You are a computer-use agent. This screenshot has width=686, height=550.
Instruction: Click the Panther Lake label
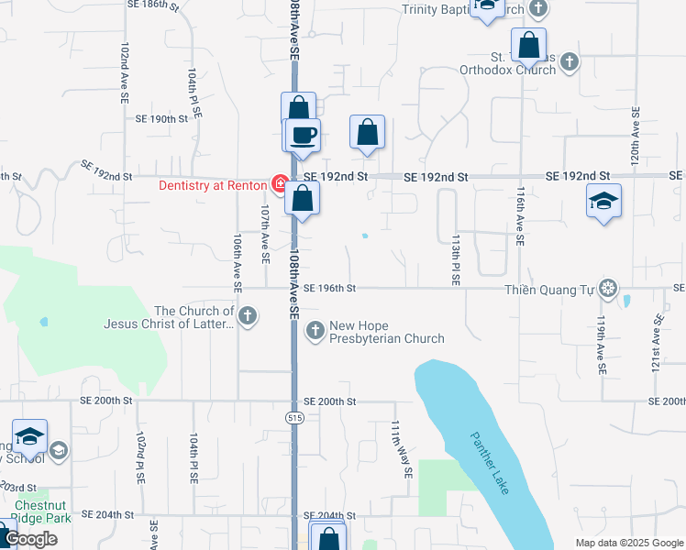[490, 463]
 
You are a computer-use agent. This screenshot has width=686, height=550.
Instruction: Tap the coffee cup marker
[303, 136]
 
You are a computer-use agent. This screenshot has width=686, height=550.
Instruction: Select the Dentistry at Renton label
[212, 185]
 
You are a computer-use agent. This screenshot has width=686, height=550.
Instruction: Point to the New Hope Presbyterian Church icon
[315, 330]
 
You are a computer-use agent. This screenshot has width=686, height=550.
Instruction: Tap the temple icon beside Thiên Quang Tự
[607, 289]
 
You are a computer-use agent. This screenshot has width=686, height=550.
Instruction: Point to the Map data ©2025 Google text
[628, 543]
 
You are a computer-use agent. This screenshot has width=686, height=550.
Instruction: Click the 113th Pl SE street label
[455, 258]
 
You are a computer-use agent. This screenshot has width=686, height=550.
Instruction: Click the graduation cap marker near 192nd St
[604, 201]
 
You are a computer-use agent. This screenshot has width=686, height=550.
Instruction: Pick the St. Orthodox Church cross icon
[570, 61]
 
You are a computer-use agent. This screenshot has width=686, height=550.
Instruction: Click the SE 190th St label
[161, 119]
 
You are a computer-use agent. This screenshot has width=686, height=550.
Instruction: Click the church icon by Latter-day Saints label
[247, 316]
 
